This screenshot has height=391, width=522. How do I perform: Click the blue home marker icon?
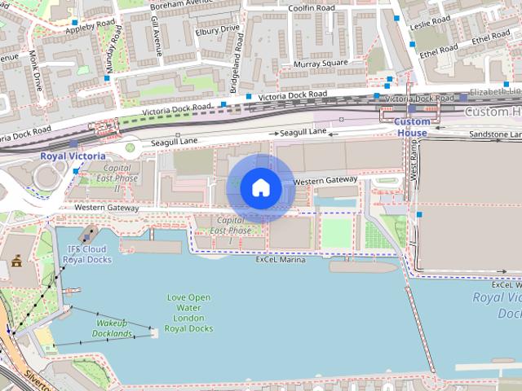click(x=260, y=187)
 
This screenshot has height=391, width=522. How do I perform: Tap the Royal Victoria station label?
click(x=73, y=155)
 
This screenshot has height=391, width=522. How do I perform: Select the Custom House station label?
click(x=411, y=127)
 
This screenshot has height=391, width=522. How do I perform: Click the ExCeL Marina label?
click(x=280, y=260)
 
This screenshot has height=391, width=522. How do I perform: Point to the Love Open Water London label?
click(x=188, y=313)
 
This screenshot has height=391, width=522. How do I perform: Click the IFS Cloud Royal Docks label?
click(x=86, y=254)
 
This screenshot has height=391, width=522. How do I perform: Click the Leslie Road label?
click(x=431, y=21)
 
